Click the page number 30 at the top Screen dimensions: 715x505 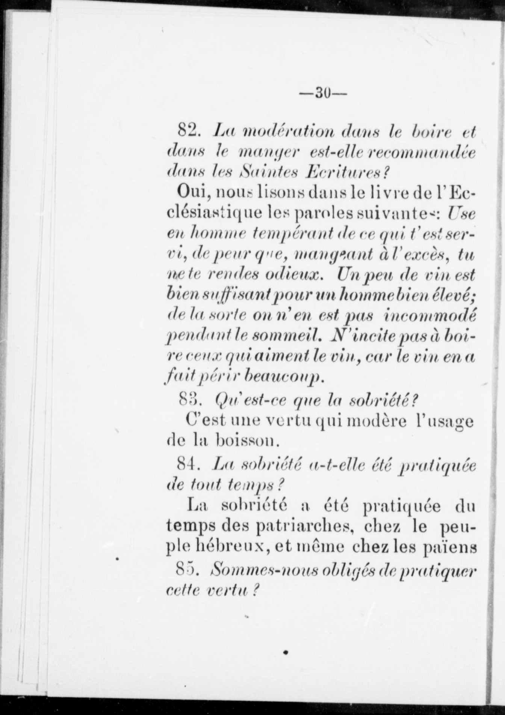coord(323,92)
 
